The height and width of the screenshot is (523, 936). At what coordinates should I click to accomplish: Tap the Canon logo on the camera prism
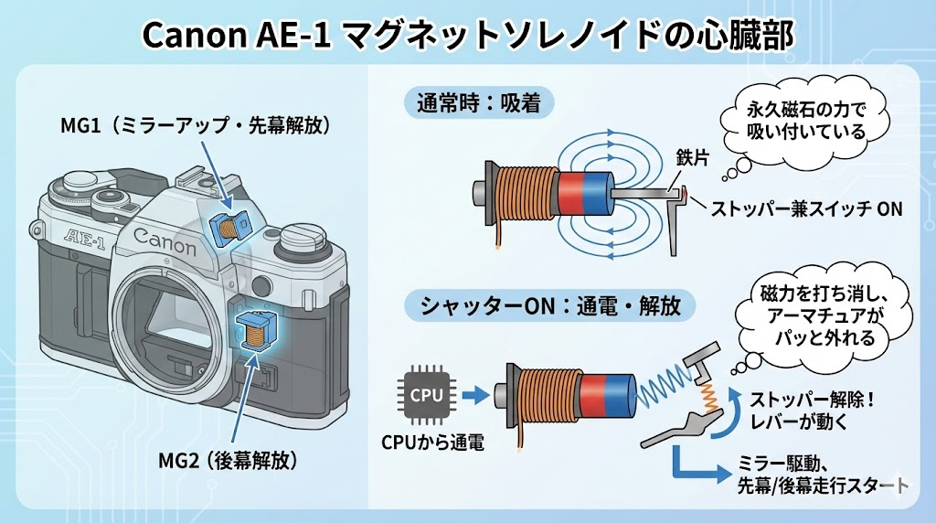point(165,240)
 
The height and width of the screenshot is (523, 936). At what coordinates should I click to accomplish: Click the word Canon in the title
point(197,36)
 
